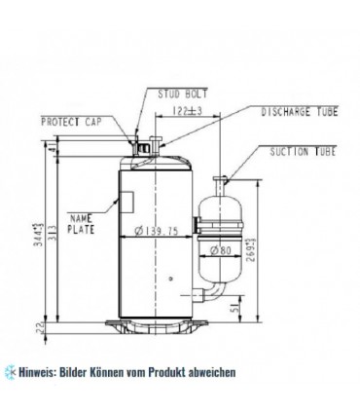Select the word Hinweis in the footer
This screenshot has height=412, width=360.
pos(39,372)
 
